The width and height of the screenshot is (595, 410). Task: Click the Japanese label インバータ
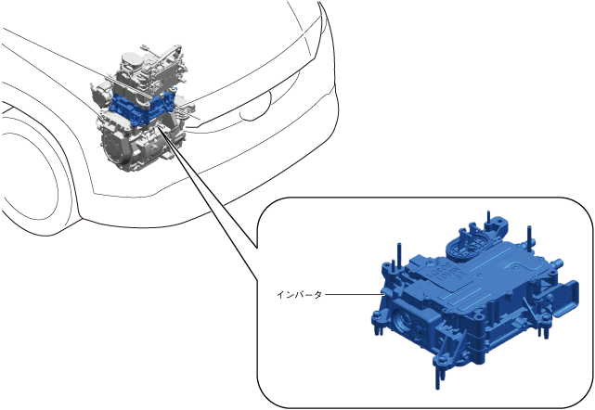[x=299, y=295]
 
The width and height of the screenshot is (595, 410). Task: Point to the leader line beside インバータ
[x=354, y=294]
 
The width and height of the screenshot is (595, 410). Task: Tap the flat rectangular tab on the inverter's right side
[x=566, y=298]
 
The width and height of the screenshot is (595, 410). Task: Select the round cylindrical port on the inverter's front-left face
[x=402, y=320]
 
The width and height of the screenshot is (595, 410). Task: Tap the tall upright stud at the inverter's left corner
[x=399, y=255]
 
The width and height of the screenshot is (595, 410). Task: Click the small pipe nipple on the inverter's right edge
[x=557, y=263]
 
